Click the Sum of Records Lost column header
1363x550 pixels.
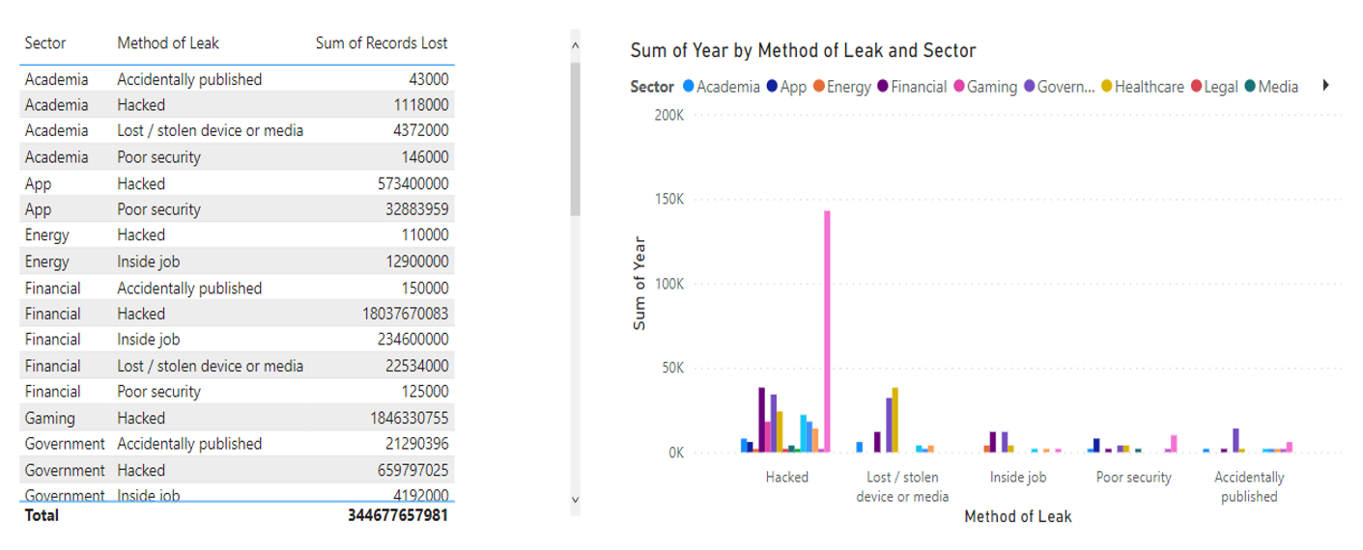coord(382,43)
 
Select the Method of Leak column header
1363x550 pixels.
coord(168,43)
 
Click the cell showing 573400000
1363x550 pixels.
coord(412,183)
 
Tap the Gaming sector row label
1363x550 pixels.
coord(50,418)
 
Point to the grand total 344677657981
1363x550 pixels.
coord(398,515)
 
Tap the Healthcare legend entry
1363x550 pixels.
coord(1149,87)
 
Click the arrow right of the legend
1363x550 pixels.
coord(1326,86)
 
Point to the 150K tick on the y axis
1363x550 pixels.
coord(669,200)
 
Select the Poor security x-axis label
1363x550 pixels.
coord(1134,477)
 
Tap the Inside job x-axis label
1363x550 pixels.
coord(1018,477)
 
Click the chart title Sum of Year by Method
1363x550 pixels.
coord(803,50)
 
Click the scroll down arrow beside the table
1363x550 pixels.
coord(575,499)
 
